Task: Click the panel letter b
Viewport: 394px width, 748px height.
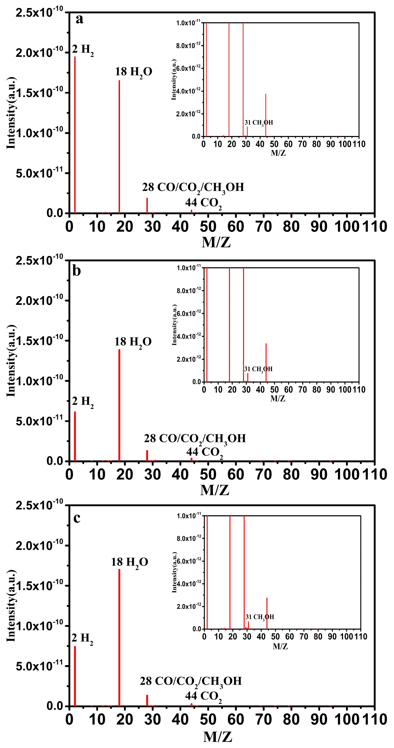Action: [76, 271]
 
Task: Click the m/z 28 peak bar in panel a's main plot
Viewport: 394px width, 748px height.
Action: [147, 206]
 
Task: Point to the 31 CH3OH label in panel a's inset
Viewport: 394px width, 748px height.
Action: [259, 123]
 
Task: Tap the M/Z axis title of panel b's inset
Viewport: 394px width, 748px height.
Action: [278, 399]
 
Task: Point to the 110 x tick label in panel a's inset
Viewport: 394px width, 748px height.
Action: [359, 144]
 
